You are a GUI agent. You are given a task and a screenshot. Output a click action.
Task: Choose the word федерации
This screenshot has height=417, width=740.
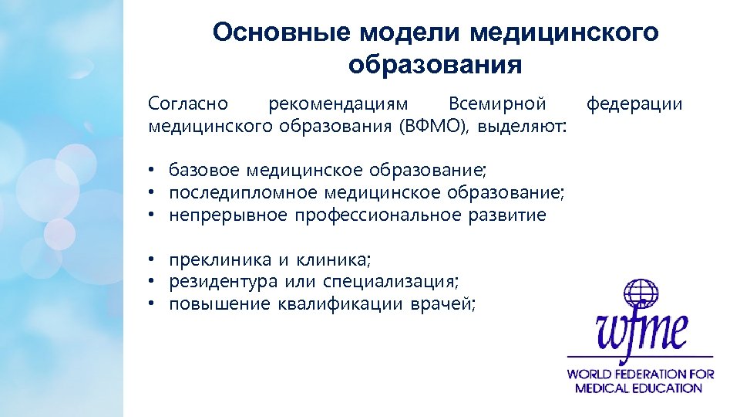click(x=634, y=103)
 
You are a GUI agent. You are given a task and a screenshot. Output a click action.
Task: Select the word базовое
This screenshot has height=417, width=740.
click(x=204, y=169)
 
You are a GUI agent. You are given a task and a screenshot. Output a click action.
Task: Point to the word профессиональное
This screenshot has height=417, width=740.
click(x=378, y=215)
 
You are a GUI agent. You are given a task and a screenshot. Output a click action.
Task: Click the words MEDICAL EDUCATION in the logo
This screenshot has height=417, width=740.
click(x=640, y=388)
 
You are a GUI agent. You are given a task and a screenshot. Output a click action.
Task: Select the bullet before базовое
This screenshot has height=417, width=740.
click(x=154, y=170)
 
